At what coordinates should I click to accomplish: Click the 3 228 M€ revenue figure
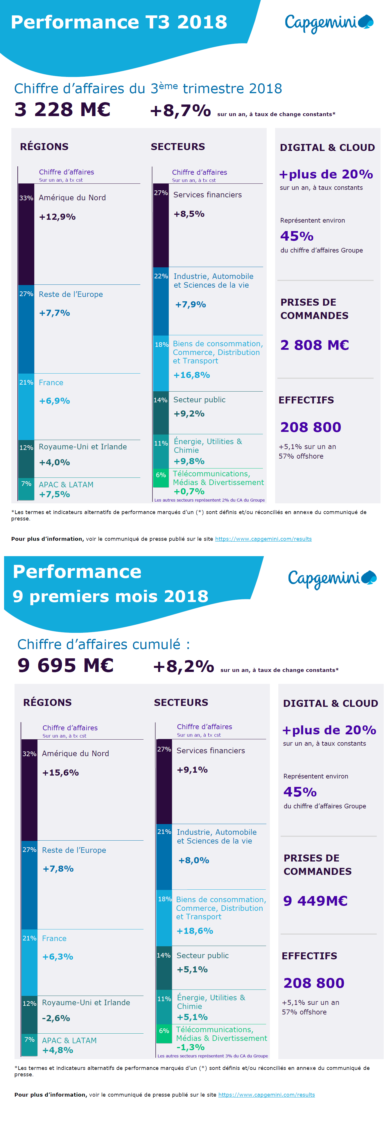pos(62,109)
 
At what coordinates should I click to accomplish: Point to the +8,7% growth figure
pos(180,111)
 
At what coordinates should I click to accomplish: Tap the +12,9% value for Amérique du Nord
pos(58,217)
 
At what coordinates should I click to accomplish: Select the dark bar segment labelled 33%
pos(26,234)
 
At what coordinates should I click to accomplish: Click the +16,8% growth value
pos(192,375)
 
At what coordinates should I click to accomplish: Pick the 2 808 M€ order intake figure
pos(314,345)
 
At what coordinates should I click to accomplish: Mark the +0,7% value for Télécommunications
pos(189,491)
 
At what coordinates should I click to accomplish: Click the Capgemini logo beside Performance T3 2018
pos(329,23)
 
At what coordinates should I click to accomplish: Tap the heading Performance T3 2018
pos(119,22)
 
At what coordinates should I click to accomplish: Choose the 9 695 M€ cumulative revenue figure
pos(65,665)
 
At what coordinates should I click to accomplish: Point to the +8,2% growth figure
pos(183,666)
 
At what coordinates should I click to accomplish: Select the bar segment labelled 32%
pos(29,790)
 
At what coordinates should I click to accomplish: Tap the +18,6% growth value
pos(195,931)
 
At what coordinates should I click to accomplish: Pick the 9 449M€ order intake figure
pos(315,901)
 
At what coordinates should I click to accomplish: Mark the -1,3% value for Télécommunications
pos(190,1047)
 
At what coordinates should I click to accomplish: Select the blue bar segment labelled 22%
pos(161,301)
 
